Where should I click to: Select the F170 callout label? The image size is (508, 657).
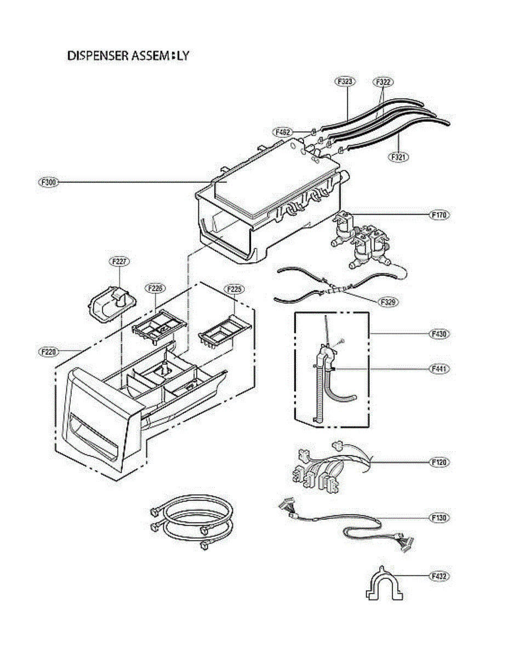439,215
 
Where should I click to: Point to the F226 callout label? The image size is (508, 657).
155,288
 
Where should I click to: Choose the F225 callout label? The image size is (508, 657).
234,288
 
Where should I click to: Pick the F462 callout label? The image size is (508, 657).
283,132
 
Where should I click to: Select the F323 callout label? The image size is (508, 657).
345,82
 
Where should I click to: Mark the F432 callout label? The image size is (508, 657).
439,576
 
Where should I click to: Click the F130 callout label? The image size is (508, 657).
439,517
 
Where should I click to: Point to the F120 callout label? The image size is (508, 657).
439,462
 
